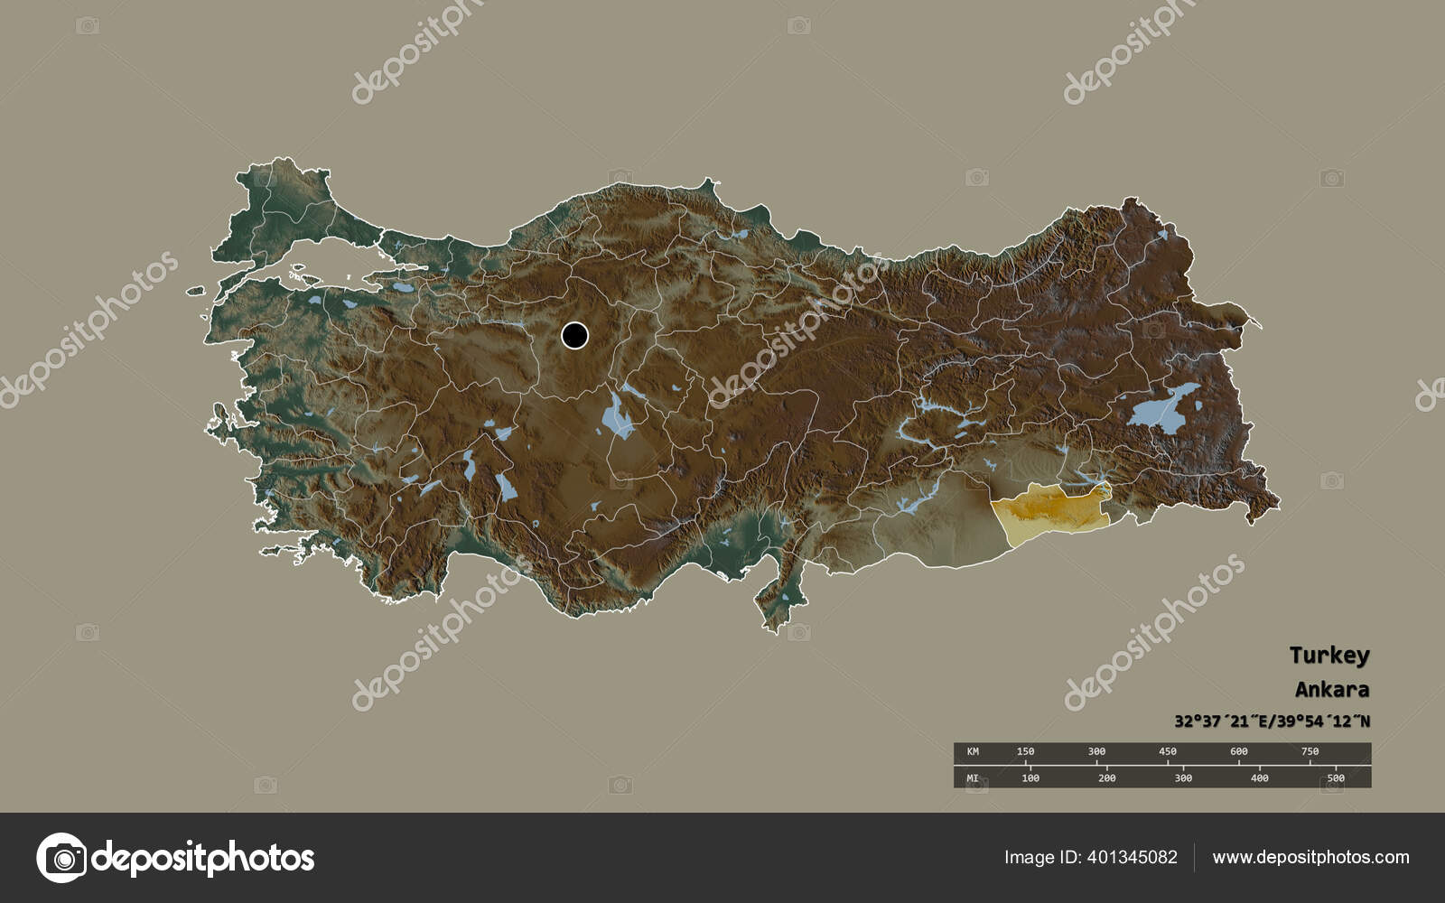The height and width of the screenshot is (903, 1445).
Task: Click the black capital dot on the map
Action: click(574, 336)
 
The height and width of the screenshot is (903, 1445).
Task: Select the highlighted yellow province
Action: click(1048, 510)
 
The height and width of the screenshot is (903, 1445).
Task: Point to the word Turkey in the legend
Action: click(1328, 655)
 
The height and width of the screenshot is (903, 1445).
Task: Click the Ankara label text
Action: click(1331, 690)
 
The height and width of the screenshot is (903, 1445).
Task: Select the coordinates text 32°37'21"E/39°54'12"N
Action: click(1272, 721)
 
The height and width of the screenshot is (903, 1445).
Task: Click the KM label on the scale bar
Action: click(973, 751)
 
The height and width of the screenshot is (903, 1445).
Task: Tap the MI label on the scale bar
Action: click(973, 777)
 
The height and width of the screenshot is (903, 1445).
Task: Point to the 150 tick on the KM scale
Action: click(1026, 751)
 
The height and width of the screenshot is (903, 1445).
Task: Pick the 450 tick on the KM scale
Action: click(1168, 751)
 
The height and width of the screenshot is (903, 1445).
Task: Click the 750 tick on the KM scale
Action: click(1310, 751)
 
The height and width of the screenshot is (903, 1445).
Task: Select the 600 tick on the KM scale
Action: click(1239, 751)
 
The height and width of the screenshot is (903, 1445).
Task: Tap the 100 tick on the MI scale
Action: click(1030, 777)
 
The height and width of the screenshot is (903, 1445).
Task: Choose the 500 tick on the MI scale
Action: click(1336, 777)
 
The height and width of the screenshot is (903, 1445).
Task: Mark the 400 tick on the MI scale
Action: click(1260, 777)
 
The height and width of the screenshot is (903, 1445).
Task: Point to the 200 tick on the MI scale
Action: click(1107, 777)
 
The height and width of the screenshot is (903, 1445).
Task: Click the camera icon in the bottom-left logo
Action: click(61, 857)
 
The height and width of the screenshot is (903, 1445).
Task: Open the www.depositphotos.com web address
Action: click(1310, 857)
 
